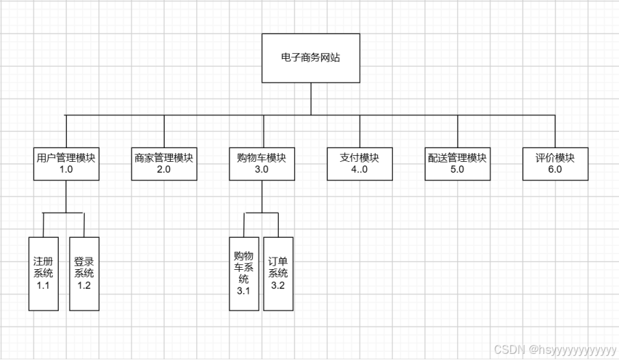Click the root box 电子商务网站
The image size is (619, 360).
(x=311, y=58)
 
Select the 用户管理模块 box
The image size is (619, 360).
(x=66, y=163)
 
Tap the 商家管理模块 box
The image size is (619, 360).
(x=164, y=163)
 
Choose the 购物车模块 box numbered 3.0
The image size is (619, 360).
(x=262, y=163)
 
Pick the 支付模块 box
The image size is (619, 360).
(x=359, y=163)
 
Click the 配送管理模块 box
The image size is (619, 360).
(x=457, y=163)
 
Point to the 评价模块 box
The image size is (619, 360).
(x=555, y=163)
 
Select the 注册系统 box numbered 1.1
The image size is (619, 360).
(x=43, y=273)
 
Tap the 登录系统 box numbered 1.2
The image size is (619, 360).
(x=84, y=273)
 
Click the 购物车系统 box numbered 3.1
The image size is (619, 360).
(x=244, y=273)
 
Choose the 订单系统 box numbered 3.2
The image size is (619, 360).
(x=278, y=273)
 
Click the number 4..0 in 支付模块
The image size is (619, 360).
(x=359, y=170)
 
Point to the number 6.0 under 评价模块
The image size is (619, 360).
(x=555, y=170)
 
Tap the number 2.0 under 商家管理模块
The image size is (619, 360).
(x=164, y=170)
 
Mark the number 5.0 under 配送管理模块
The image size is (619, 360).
(x=457, y=170)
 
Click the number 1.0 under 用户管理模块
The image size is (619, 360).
(x=66, y=170)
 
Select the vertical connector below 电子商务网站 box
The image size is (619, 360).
(x=311, y=98)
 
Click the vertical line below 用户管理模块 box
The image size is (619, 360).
(x=66, y=197)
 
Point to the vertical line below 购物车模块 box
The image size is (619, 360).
(x=262, y=197)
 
